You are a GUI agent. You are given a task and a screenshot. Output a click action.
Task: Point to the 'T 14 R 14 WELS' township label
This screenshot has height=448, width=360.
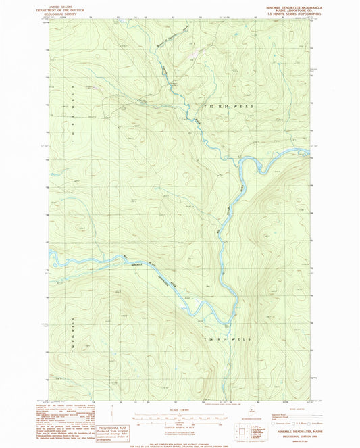[x=227, y=338]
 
